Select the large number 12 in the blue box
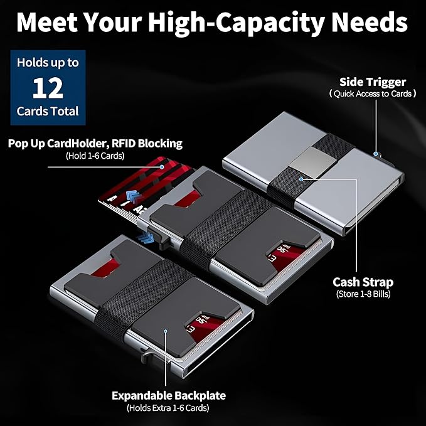[48, 88]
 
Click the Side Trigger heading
[373, 82]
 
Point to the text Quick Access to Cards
[373, 93]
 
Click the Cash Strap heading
[363, 282]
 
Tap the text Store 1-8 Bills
[363, 294]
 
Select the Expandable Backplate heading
[169, 395]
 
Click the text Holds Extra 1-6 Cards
[168, 408]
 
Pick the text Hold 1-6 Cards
[95, 156]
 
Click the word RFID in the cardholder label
[124, 143]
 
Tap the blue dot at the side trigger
[375, 154]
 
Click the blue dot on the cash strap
[301, 179]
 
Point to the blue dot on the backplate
[165, 331]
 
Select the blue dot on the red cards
[162, 167]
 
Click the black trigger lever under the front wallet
[147, 354]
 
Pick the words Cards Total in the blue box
[48, 111]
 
